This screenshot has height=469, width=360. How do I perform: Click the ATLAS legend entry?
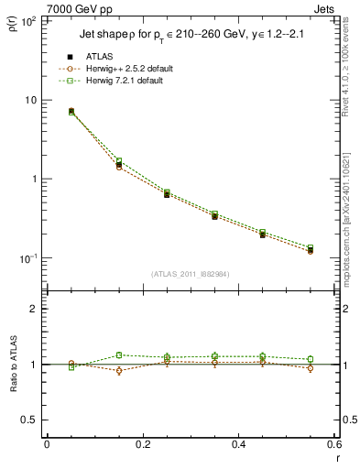coord(100,57)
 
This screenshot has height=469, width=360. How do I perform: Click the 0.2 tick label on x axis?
coord(143,445)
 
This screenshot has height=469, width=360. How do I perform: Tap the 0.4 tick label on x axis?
coord(239,445)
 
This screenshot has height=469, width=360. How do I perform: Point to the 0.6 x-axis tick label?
coord(334,445)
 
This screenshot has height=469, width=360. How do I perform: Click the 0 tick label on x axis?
coord(47,445)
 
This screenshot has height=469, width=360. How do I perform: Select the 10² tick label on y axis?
coord(28,20)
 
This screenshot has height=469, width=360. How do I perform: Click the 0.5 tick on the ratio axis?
coord(31,420)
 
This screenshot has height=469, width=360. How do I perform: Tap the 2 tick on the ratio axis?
coord(35,309)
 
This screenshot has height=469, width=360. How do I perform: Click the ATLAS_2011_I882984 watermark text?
coord(190,274)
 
